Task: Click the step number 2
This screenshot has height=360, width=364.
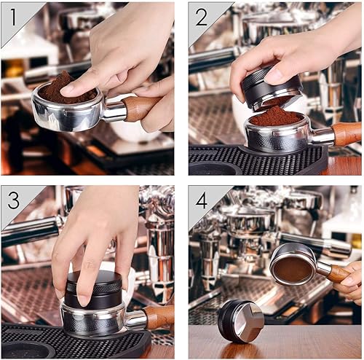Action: [x=201, y=15]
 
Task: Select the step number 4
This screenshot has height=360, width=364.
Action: [x=202, y=199]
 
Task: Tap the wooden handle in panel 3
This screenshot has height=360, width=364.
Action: [x=158, y=316]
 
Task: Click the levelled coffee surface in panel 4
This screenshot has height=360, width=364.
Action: [x=293, y=267]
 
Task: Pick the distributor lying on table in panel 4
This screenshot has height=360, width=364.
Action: [x=240, y=321]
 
